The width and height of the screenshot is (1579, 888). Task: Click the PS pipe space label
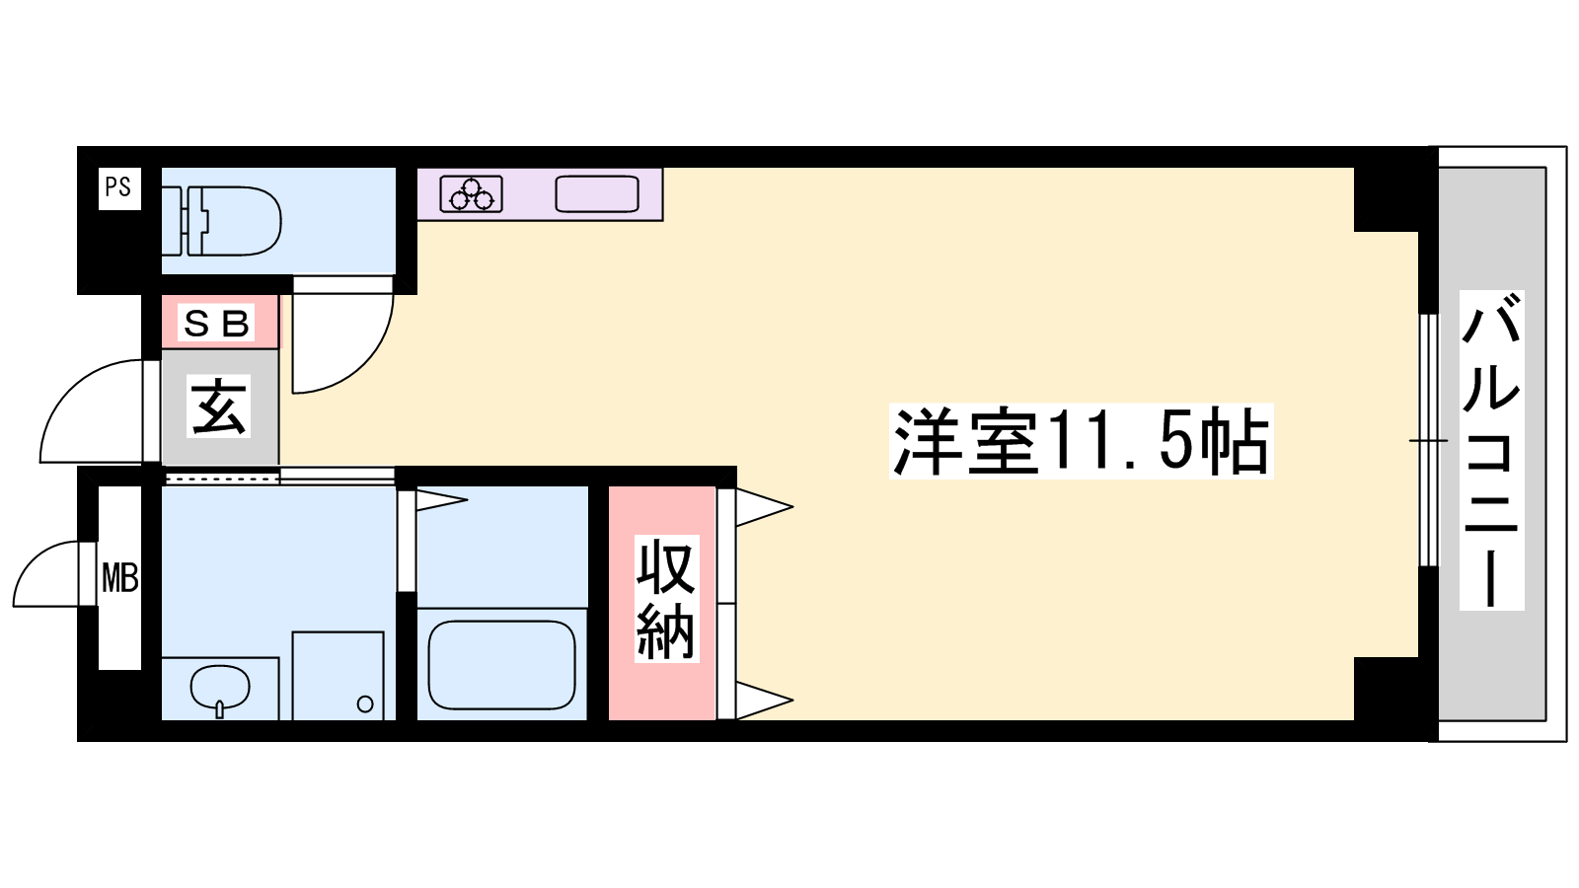pyautogui.click(x=118, y=187)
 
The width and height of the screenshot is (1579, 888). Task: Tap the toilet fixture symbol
pyautogui.click(x=221, y=221)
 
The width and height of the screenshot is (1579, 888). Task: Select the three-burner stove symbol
pyautogui.click(x=471, y=193)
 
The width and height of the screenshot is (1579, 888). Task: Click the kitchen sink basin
pyautogui.click(x=597, y=193)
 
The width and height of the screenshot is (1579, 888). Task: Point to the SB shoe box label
pyautogui.click(x=216, y=324)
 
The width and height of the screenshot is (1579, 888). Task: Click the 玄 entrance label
pyautogui.click(x=219, y=406)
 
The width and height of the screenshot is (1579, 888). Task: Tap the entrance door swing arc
pyautogui.click(x=78, y=395)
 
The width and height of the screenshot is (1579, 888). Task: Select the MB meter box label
pyautogui.click(x=119, y=578)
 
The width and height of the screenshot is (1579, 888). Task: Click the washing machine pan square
pyautogui.click(x=338, y=675)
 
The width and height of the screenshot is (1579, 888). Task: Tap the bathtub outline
pyautogui.click(x=502, y=665)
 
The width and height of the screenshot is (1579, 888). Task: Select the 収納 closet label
pyautogui.click(x=666, y=598)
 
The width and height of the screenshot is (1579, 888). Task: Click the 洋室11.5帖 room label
pyautogui.click(x=1081, y=442)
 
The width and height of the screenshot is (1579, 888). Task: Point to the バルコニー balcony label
pyautogui.click(x=1491, y=450)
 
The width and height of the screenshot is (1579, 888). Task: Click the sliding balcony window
pyautogui.click(x=1428, y=440)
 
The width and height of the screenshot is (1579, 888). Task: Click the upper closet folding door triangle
pyautogui.click(x=764, y=507)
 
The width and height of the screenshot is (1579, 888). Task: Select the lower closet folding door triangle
pyautogui.click(x=764, y=701)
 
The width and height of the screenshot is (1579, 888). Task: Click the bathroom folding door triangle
pyautogui.click(x=441, y=500)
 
